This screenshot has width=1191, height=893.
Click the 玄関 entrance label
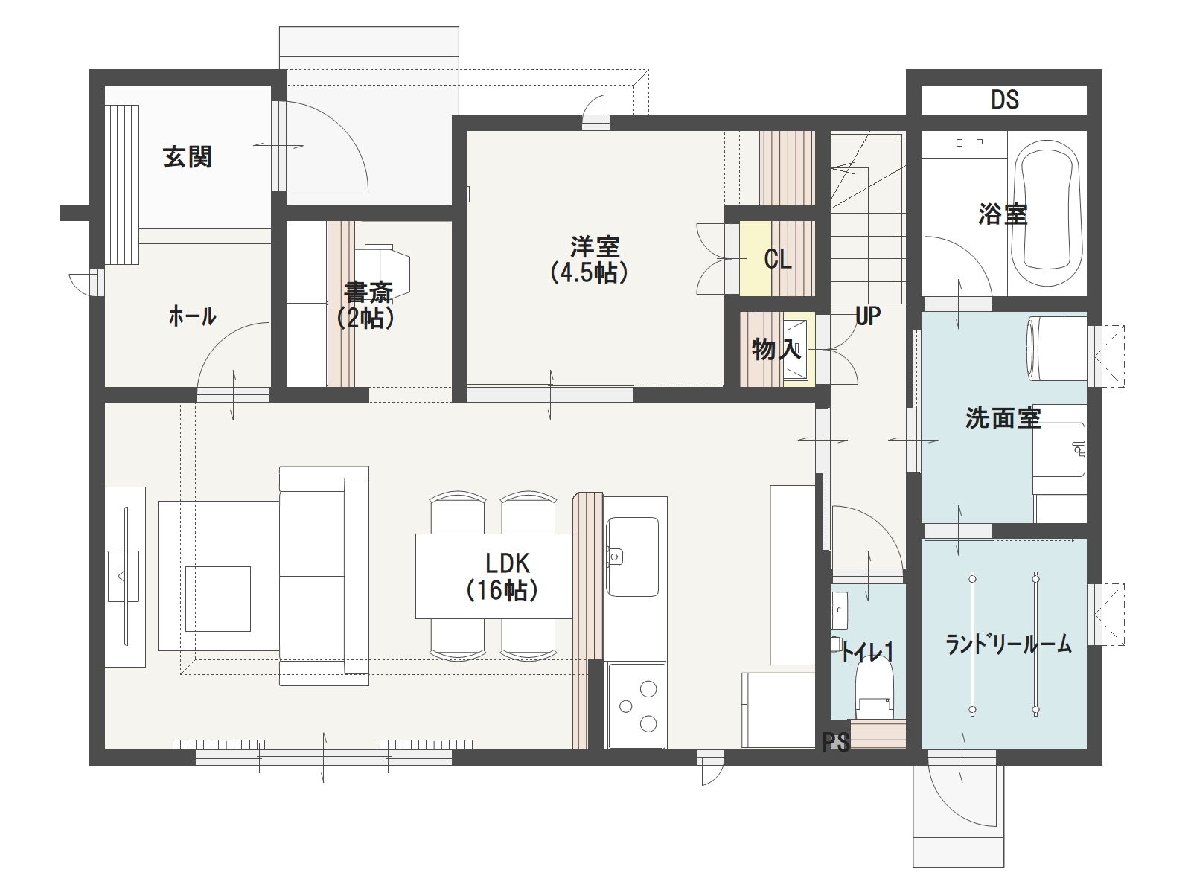tap(187, 157)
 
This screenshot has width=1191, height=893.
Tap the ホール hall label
tap(193, 316)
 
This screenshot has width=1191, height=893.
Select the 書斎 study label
tap(368, 292)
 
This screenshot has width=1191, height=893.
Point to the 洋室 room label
tap(594, 247)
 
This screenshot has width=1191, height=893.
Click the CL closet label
tap(778, 260)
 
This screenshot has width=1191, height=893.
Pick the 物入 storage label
tap(776, 350)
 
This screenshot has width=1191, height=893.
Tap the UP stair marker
tap(868, 316)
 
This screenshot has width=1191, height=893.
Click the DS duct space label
tap(1004, 100)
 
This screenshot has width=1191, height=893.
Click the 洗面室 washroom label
tap(1003, 418)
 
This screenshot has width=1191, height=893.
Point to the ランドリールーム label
tap(1008, 644)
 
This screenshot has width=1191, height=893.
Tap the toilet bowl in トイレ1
tap(874, 688)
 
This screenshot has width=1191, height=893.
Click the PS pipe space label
tap(836, 742)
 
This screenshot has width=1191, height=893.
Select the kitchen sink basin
tap(632, 557)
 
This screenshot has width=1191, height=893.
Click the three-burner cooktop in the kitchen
tap(636, 705)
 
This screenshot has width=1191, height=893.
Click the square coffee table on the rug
tap(217, 598)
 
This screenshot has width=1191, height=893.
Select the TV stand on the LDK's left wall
tap(125, 577)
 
